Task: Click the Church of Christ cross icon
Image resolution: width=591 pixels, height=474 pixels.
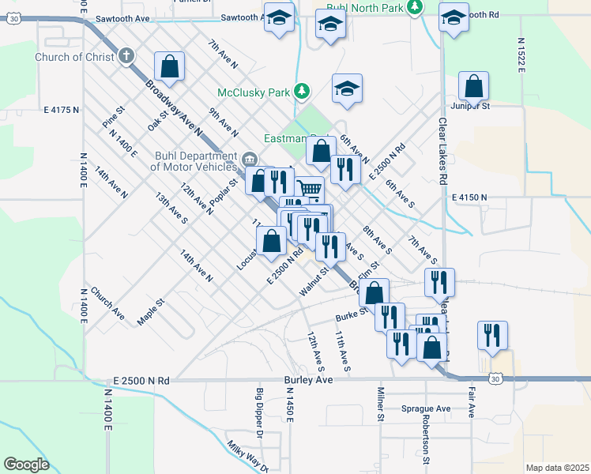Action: [126, 57]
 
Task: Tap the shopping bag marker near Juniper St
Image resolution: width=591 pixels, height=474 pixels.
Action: [473, 85]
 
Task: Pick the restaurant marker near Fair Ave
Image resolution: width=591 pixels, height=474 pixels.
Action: [492, 334]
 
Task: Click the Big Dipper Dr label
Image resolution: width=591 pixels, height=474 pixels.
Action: [258, 412]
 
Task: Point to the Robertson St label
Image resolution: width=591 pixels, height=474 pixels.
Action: [426, 438]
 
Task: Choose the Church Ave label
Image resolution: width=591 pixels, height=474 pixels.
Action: [107, 303]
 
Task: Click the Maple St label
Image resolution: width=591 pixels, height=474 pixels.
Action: [150, 310]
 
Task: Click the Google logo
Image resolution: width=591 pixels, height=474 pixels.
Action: [26, 465]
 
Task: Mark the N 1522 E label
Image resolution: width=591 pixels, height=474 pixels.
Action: [521, 55]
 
